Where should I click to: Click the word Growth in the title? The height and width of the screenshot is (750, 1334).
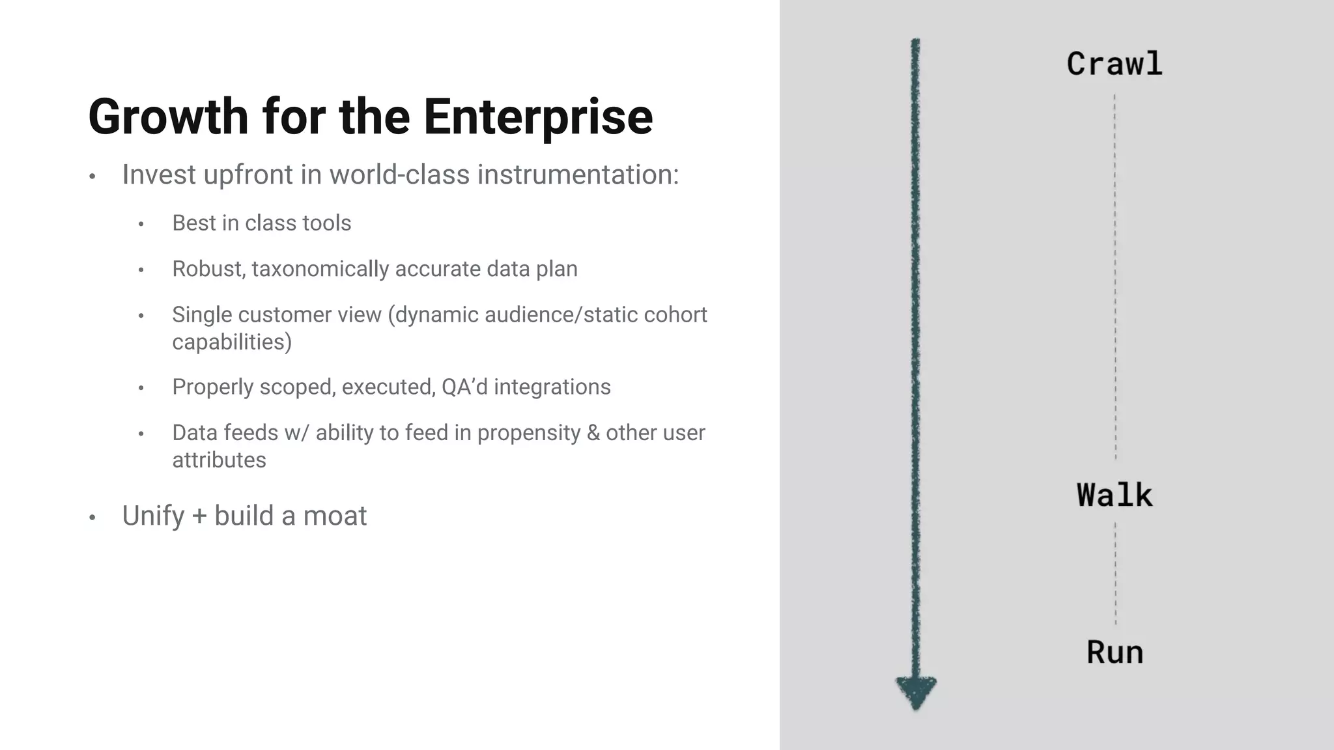(x=168, y=117)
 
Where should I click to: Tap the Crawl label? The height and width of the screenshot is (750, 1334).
(x=1114, y=64)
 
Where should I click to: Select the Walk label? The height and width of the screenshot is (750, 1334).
(x=1114, y=495)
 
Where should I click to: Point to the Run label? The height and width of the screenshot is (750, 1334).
(x=1114, y=652)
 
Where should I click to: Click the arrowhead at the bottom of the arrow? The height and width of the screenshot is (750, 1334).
(x=916, y=691)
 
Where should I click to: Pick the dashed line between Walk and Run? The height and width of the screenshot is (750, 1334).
(x=1115, y=573)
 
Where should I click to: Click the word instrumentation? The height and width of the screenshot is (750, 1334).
(x=578, y=174)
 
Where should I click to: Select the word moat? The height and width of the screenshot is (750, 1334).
(x=335, y=516)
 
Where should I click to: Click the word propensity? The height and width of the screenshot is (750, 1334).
(x=528, y=433)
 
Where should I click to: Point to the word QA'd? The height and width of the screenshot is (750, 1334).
(x=464, y=387)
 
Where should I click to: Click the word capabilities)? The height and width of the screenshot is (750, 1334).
(x=232, y=342)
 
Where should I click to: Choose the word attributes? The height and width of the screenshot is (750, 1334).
(x=219, y=460)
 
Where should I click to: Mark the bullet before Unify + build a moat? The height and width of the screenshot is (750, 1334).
(x=92, y=518)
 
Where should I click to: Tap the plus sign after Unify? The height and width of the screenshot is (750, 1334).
(x=199, y=516)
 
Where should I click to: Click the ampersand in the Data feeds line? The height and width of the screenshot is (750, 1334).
(x=593, y=433)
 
